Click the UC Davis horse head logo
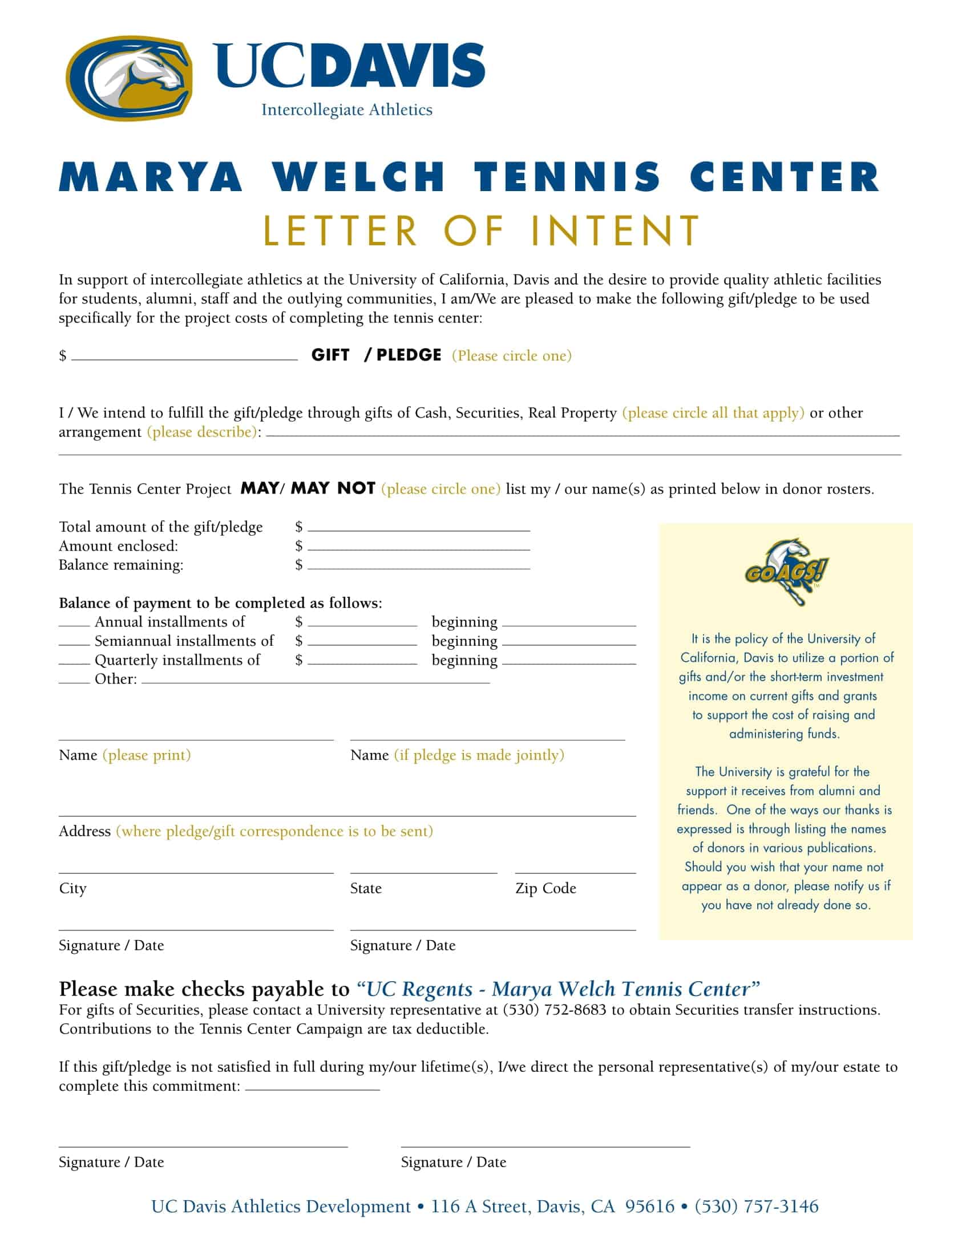coord(129,78)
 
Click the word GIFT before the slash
coord(330,355)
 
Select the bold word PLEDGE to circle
coord(409,355)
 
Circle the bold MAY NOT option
coord(333,488)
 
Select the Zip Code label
coord(545,888)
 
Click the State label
coord(366,888)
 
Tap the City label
coord(72,888)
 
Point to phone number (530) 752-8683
coord(554,1010)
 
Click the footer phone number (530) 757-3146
coord(756,1206)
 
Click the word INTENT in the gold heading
coord(616,231)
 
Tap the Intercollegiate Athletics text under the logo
coord(346,110)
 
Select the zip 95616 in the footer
coord(649,1206)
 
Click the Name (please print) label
coord(125,755)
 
